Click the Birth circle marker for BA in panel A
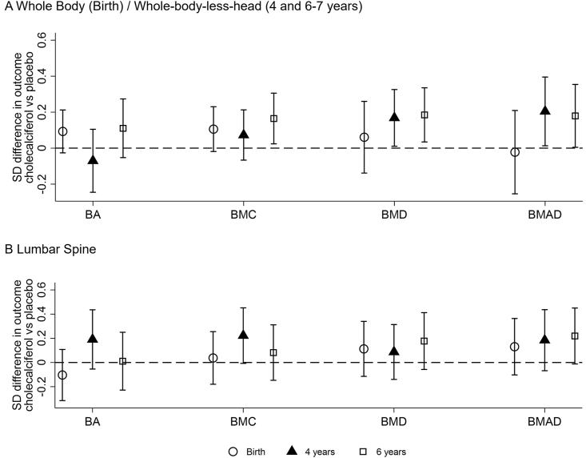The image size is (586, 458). click(63, 131)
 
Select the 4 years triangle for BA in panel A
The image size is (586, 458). click(94, 160)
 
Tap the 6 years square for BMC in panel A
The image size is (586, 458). click(273, 119)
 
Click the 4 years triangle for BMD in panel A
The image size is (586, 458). click(394, 118)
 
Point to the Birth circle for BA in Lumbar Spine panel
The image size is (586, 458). click(63, 375)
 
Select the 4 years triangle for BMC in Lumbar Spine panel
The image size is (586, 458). click(244, 335)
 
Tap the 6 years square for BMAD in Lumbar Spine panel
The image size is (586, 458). click(575, 335)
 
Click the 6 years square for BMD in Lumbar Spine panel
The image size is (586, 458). click(425, 341)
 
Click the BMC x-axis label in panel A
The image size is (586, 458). click(243, 215)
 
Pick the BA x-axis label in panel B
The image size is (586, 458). click(94, 418)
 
